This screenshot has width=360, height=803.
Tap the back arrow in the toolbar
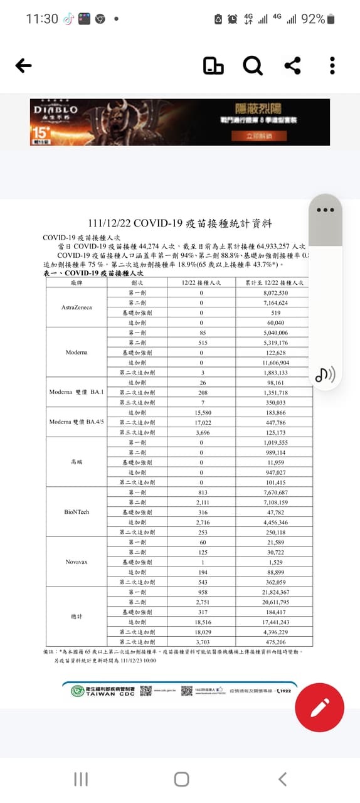click(23, 65)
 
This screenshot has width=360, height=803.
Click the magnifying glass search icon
click(253, 65)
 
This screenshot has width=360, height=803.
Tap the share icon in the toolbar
click(292, 65)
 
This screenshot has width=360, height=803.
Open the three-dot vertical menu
click(332, 65)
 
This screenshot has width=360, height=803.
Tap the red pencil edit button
click(319, 707)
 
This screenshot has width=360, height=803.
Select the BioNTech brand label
click(76, 512)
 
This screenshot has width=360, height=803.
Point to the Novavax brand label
click(76, 561)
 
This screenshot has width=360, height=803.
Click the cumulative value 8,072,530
click(275, 293)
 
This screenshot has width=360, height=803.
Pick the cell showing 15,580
click(201, 412)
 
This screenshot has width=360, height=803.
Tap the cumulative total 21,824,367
click(275, 592)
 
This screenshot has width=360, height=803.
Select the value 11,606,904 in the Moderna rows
click(275, 363)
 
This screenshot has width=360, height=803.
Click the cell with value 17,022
click(201, 422)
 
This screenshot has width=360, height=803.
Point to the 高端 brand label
click(76, 462)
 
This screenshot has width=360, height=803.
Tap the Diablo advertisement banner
click(179, 122)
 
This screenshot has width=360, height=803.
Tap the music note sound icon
click(325, 375)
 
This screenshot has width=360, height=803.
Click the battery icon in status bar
click(331, 19)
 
